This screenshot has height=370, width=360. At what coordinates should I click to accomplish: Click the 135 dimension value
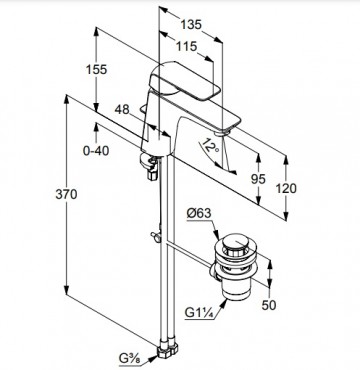(191, 24)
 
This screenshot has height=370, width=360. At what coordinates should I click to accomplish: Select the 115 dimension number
(186, 46)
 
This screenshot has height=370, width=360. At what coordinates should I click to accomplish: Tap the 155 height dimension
(96, 69)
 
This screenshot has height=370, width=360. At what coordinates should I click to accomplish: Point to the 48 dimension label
(122, 109)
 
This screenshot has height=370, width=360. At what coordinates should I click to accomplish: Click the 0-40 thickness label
(96, 151)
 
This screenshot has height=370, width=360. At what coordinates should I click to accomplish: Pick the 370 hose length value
(66, 194)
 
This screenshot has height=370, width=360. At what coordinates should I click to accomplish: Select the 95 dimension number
(258, 179)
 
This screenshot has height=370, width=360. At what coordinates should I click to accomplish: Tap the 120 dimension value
(286, 188)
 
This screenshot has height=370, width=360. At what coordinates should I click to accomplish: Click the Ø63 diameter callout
(199, 213)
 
